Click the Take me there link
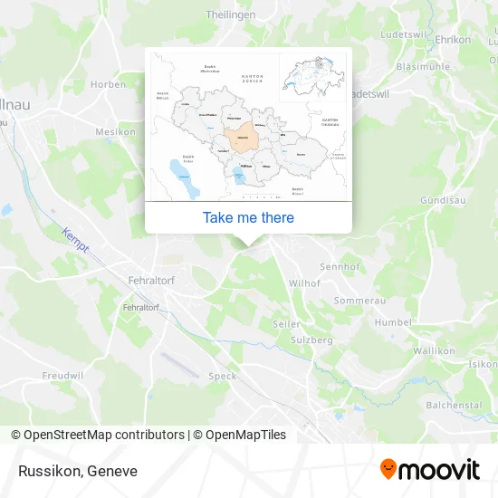(248, 217)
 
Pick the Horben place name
(109, 84)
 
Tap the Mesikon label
(115, 131)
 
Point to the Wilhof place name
(304, 283)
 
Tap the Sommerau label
(359, 300)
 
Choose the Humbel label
(393, 321)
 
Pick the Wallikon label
(433, 350)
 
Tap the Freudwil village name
(62, 374)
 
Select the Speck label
(223, 376)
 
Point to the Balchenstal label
(453, 405)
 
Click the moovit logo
(430, 470)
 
